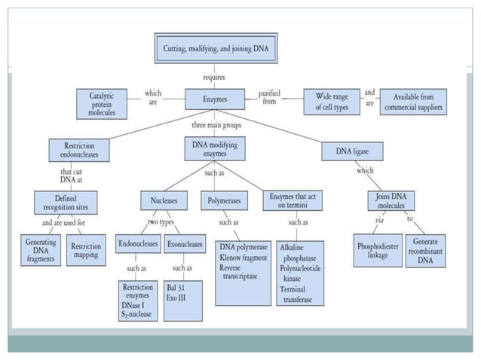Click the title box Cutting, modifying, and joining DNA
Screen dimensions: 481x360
click(216, 48)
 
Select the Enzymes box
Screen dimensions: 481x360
click(215, 99)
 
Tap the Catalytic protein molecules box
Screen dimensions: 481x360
click(102, 104)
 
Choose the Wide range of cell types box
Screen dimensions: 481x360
click(332, 102)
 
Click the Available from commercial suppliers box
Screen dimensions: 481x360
click(413, 102)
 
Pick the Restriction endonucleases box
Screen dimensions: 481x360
click(79, 150)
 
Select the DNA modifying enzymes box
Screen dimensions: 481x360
click(215, 148)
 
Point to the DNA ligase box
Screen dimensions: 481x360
click(352, 151)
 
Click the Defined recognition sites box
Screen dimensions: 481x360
click(66, 203)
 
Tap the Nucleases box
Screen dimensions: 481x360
click(164, 200)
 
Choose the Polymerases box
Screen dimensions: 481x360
click(224, 200)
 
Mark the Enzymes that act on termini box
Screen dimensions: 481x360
click(293, 200)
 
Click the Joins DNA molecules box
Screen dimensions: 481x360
click(391, 200)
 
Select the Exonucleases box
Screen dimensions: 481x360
click(185, 244)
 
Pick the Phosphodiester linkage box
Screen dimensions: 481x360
click(378, 251)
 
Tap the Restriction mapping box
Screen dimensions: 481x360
click(86, 250)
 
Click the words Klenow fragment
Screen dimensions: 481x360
click(244, 258)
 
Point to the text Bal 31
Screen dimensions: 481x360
click(176, 288)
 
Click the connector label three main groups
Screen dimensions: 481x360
click(216, 125)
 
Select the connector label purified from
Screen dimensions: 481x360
click(269, 97)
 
